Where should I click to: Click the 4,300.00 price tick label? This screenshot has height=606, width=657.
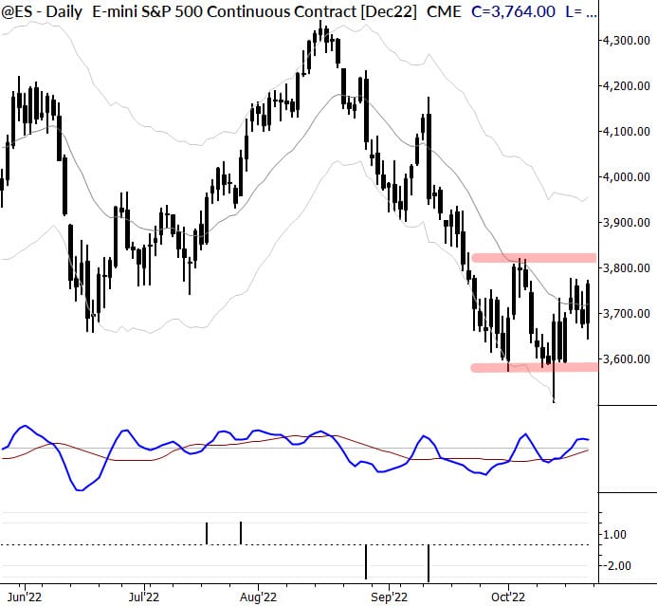[625, 41]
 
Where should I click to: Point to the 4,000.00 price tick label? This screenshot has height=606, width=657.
[625, 177]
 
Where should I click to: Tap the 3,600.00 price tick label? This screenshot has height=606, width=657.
[625, 359]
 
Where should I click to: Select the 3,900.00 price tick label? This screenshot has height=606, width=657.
[625, 223]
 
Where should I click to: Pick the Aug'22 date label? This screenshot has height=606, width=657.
[258, 597]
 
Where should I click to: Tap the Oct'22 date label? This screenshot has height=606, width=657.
[508, 597]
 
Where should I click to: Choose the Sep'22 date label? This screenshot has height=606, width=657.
[389, 597]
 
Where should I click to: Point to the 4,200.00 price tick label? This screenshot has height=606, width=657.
[625, 86]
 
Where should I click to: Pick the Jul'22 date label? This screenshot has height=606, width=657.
[144, 597]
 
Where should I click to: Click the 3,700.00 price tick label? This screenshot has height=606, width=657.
[625, 314]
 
